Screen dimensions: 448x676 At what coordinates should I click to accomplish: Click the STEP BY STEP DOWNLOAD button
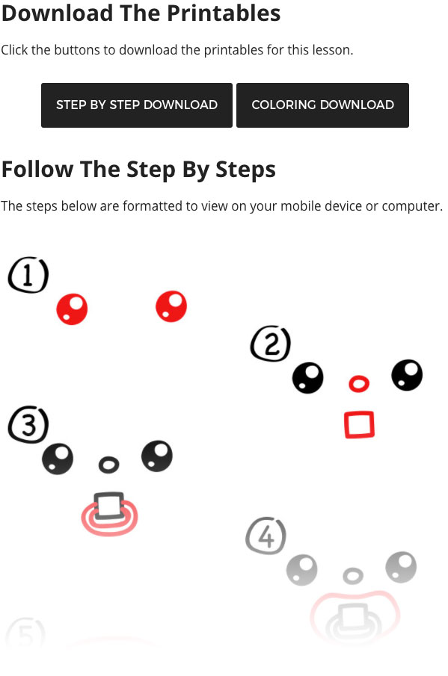tap(137, 105)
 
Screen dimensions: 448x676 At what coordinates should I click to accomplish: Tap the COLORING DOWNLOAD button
tap(322, 105)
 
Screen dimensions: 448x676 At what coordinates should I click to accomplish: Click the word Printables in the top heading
tap(224, 13)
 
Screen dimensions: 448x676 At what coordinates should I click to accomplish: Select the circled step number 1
tap(28, 275)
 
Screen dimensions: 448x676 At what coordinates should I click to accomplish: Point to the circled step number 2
tap(271, 344)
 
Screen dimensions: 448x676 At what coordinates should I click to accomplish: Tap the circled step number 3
tap(28, 424)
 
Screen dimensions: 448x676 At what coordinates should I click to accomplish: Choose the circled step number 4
tap(266, 536)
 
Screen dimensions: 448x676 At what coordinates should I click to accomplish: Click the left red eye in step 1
tap(72, 309)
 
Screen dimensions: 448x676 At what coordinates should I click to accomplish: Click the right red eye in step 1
tap(171, 306)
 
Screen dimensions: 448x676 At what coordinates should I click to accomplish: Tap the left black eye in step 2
tap(307, 378)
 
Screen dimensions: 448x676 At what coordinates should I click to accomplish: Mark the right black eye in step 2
tap(407, 375)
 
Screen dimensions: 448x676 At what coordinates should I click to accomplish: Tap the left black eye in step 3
tap(58, 459)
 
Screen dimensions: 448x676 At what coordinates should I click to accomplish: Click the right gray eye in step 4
tap(401, 567)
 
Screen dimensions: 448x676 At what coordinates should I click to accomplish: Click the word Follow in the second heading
tap(37, 169)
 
